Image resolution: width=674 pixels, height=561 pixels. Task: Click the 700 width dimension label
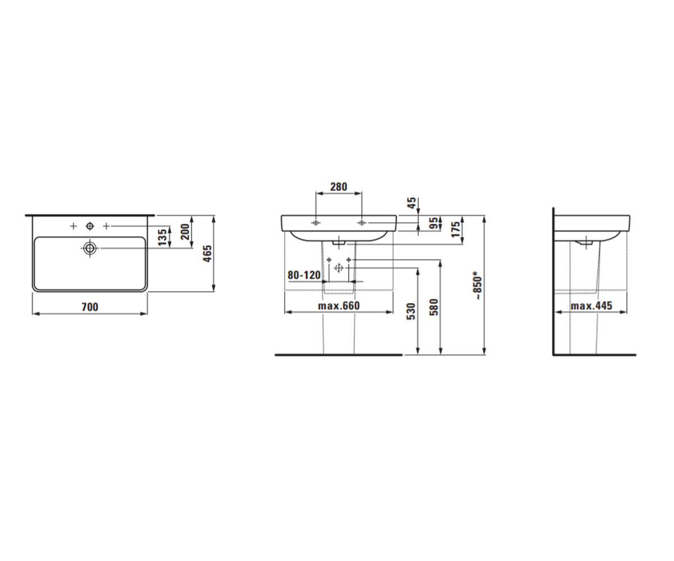pyautogui.click(x=90, y=307)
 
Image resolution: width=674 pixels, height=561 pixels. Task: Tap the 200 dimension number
pyautogui.click(x=185, y=232)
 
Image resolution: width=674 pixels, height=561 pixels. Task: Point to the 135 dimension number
pyautogui.click(x=163, y=237)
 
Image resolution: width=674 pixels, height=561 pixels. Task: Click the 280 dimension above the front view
pyautogui.click(x=339, y=187)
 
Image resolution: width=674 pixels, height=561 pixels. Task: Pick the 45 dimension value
pyautogui.click(x=412, y=203)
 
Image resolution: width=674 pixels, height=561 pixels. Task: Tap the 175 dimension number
pyautogui.click(x=456, y=229)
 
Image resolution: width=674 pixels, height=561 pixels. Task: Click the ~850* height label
pyautogui.click(x=478, y=288)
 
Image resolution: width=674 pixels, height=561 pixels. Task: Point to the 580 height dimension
pyautogui.click(x=434, y=307)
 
